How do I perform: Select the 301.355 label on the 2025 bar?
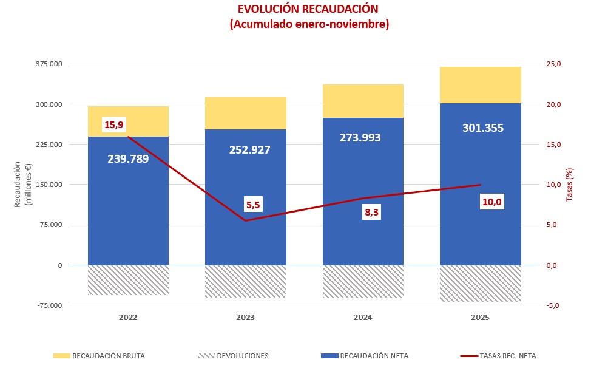tap(480, 128)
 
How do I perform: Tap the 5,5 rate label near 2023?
tap(253, 205)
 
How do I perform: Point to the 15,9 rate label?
tap(114, 125)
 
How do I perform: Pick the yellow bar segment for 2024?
tap(363, 101)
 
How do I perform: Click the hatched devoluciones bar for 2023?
tap(245, 281)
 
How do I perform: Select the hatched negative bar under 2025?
tap(480, 284)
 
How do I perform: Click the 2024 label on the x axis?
tap(363, 318)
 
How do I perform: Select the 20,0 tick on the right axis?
tap(555, 104)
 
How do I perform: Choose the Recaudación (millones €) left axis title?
tap(22, 185)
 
